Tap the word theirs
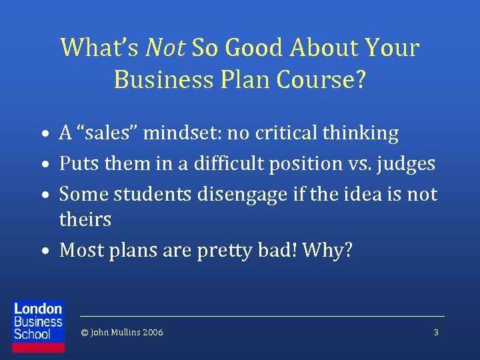[x=85, y=219]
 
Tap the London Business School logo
[x=39, y=321]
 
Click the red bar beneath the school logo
[x=39, y=347]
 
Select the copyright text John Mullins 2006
[x=121, y=332]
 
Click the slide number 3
[x=436, y=332]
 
